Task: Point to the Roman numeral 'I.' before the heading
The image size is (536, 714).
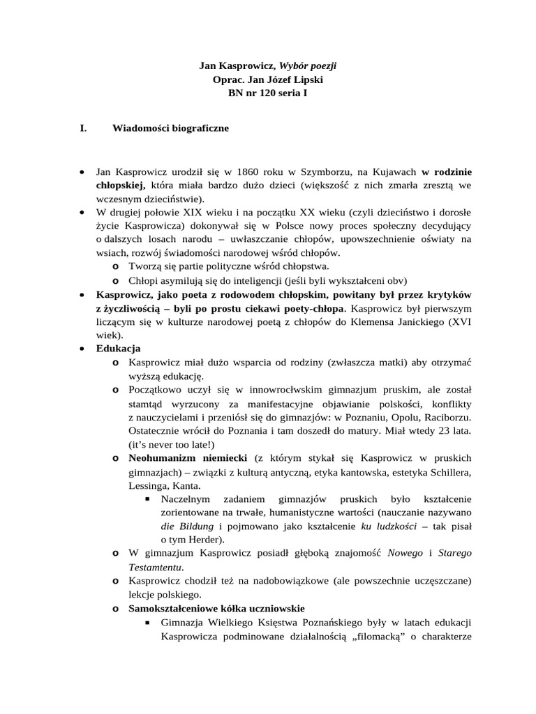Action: click(x=84, y=128)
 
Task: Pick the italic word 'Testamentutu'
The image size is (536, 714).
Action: click(x=151, y=567)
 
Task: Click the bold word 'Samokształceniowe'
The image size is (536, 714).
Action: click(x=175, y=608)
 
